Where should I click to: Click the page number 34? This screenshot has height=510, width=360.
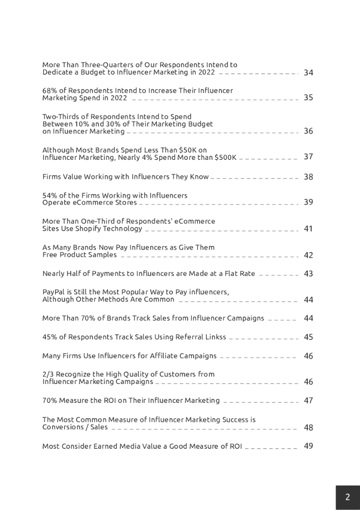(308, 73)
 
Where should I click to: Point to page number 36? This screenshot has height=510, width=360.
(308, 131)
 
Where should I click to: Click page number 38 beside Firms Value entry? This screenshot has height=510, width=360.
(308, 177)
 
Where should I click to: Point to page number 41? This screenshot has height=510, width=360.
(308, 229)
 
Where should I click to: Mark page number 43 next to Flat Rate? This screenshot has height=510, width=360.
(308, 273)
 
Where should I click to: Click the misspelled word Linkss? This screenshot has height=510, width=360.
(215, 337)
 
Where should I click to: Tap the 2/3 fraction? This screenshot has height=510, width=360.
(48, 374)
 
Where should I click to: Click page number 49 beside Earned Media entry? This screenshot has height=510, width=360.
(308, 446)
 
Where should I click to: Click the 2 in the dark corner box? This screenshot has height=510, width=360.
(348, 497)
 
